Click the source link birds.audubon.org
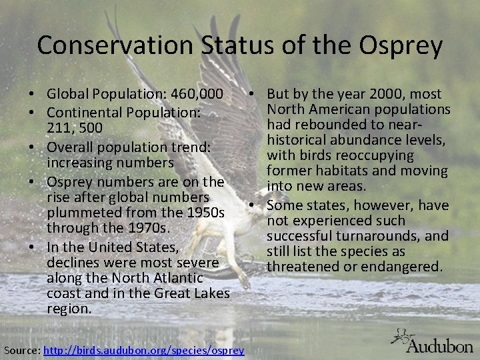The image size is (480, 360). tap(143, 351)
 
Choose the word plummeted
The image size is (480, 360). tap(85, 213)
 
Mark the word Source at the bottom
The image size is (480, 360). tap(21, 351)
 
